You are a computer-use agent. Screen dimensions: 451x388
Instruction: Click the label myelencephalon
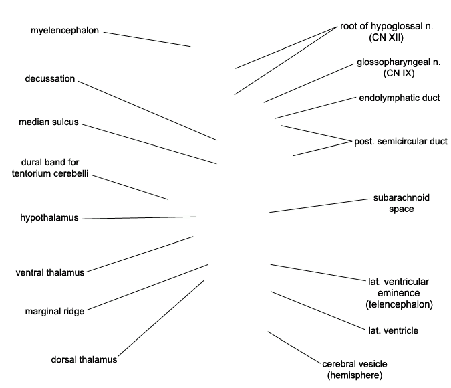pos(65,31)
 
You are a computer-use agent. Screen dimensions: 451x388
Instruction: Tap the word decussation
pos(50,78)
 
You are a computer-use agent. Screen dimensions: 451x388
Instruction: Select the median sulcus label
pos(49,122)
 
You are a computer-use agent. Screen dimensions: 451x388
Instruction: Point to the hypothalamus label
pos(49,218)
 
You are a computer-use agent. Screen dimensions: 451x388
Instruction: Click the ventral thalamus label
pos(50,272)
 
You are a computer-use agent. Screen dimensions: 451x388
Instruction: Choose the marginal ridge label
pos(55,311)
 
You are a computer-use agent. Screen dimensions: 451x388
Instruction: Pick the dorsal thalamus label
pos(84,359)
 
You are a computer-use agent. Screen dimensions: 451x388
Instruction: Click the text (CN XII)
pos(386,37)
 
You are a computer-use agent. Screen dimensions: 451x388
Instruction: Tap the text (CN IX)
pos(399,73)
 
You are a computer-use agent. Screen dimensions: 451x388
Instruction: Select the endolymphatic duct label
pos(400,98)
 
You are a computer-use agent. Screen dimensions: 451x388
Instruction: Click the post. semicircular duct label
pos(401,141)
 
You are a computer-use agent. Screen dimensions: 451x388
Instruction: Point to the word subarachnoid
pos(402,197)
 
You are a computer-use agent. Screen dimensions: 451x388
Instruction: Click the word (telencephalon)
pos(400,304)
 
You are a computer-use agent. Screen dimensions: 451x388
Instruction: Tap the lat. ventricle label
pos(393,330)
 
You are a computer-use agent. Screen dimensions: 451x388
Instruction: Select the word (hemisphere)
pos(355,375)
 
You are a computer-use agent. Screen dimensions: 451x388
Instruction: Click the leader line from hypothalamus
pos(139,218)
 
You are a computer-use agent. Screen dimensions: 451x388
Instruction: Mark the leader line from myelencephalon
pos(147,39)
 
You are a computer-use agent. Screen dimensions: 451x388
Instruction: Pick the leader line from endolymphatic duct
pos(315,108)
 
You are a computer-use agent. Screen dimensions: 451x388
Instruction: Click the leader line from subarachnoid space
pos(319,205)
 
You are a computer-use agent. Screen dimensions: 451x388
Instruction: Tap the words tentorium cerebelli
pos(50,173)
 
